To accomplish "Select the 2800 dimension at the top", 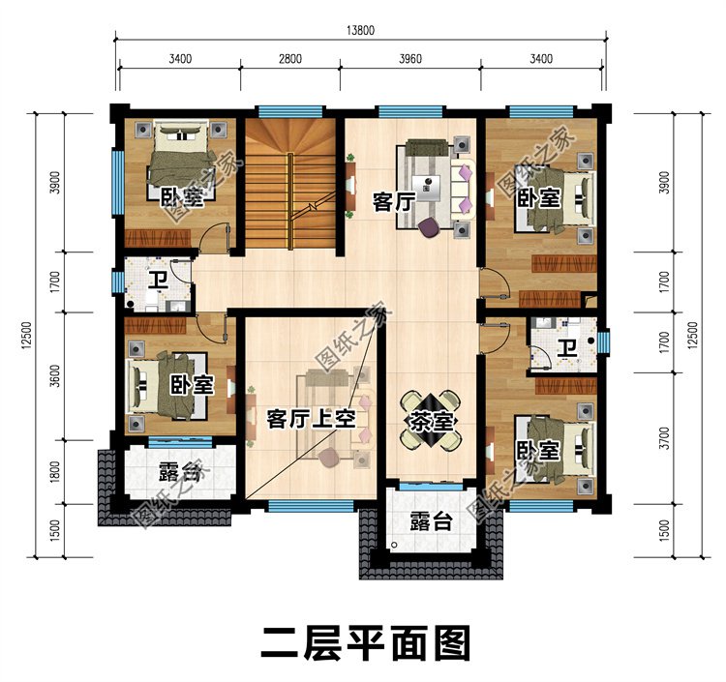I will [290, 59].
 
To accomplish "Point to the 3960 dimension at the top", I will [410, 59].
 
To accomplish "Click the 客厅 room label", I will [393, 202].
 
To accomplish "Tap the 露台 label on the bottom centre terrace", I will [430, 521].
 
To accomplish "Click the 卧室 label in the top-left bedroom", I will [182, 197].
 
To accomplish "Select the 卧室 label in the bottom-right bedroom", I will [537, 451].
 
